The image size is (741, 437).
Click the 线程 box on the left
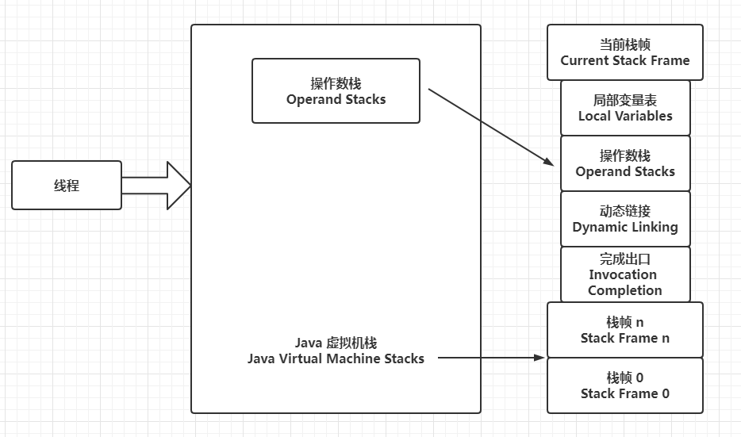(67, 186)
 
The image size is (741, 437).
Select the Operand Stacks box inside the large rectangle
(336, 91)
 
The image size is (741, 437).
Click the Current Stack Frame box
(624, 52)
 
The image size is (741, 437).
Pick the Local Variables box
(625, 108)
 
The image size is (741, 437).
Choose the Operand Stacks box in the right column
(625, 163)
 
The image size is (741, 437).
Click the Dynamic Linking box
(625, 219)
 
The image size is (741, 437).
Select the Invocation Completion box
(625, 274)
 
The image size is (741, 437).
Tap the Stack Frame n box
(624, 330)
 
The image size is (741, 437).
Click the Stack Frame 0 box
(624, 385)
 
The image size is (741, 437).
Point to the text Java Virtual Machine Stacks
(336, 358)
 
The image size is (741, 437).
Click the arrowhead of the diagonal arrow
(549, 162)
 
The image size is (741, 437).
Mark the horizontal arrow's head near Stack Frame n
(541, 358)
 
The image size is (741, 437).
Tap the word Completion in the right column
(625, 290)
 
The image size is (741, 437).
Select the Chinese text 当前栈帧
(625, 45)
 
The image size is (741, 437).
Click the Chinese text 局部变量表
(625, 101)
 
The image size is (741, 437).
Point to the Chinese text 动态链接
(625, 212)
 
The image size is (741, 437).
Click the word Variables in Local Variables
(643, 116)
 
